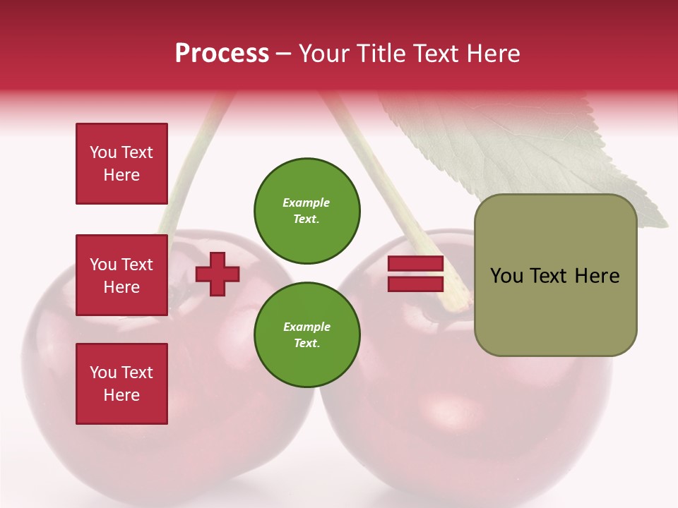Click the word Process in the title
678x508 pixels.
[x=222, y=54]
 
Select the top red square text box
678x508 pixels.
[x=121, y=164]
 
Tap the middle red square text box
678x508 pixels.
[x=121, y=275]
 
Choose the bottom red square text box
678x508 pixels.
[x=121, y=384]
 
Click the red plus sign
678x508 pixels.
[x=218, y=274]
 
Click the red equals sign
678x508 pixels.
[x=416, y=274]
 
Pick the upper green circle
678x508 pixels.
[x=307, y=210]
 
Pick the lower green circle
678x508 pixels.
[x=307, y=334]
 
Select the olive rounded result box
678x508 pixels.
[x=555, y=275]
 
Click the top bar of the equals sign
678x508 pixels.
[x=416, y=264]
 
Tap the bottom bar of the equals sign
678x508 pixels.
[x=416, y=284]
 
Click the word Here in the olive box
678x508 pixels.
[x=597, y=276]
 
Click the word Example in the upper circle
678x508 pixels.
[x=307, y=202]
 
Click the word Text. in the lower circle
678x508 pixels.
[x=307, y=343]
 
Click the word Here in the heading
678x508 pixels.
[x=492, y=54]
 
